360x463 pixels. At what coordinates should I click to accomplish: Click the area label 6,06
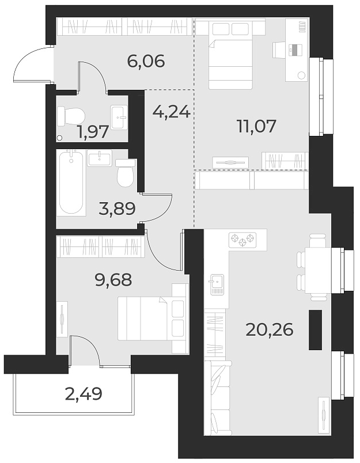(146, 61)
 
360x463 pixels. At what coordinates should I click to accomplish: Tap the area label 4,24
(171, 111)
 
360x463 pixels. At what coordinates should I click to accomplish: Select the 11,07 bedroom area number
(257, 126)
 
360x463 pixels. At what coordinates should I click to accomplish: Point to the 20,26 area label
(270, 330)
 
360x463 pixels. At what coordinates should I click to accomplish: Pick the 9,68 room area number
(113, 280)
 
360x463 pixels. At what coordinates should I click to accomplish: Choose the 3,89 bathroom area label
(117, 208)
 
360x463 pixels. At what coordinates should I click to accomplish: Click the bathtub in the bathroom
(71, 181)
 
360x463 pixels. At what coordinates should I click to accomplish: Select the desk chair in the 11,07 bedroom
(279, 50)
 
